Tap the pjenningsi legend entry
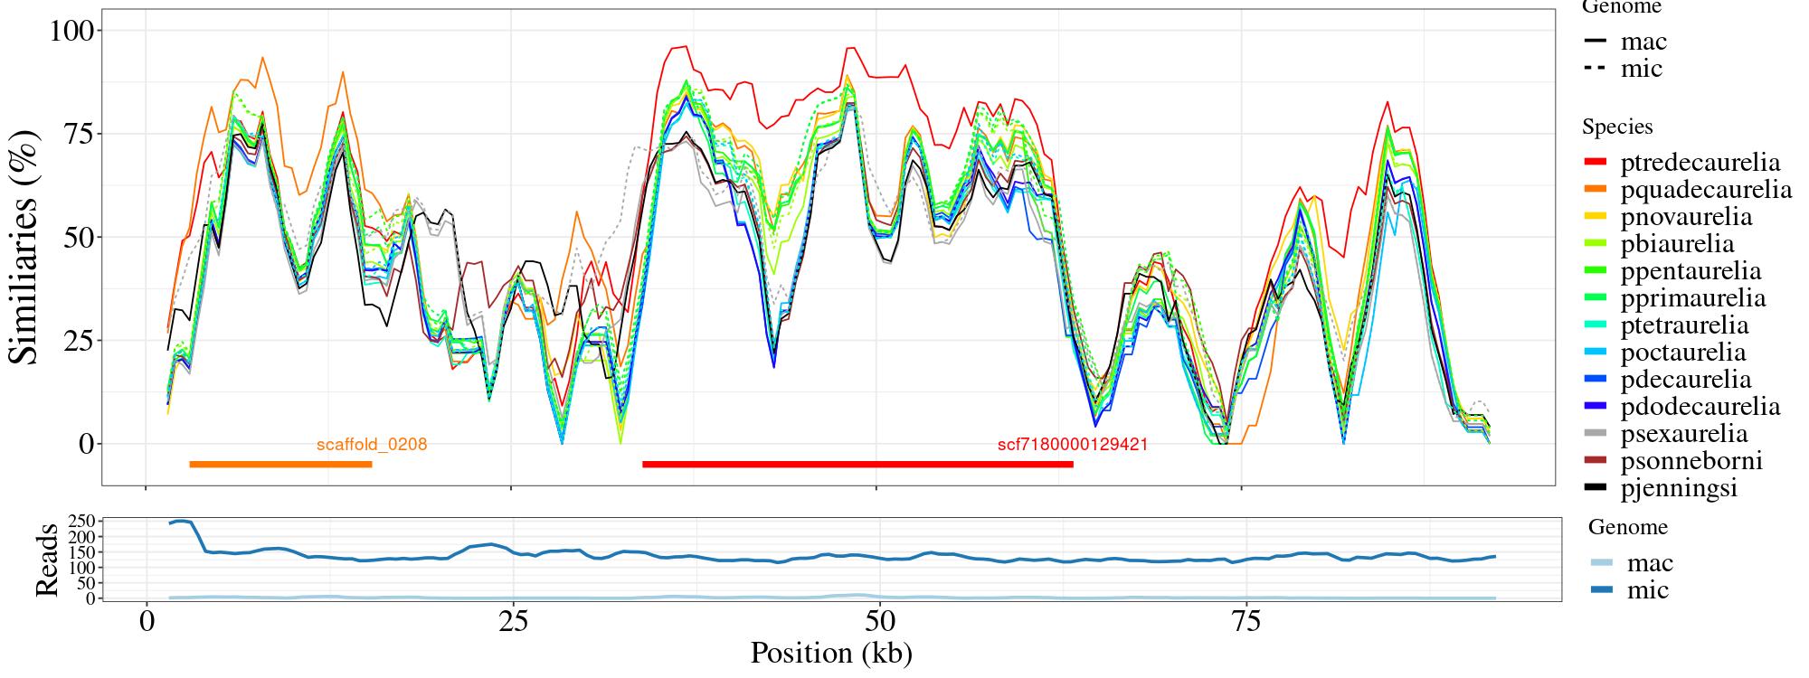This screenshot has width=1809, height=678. point(1679,488)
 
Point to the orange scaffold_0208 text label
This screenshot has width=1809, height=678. point(372,445)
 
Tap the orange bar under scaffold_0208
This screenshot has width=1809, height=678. point(280,465)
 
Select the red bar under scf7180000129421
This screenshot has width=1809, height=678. point(857,465)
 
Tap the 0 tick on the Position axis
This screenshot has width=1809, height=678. point(147,623)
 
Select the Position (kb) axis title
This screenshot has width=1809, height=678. point(830,653)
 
